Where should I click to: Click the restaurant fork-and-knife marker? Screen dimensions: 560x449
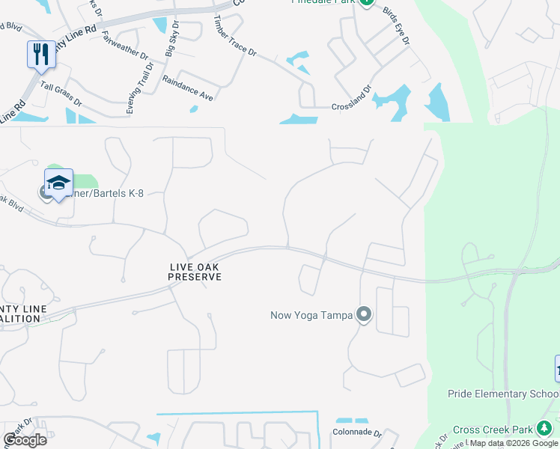41,54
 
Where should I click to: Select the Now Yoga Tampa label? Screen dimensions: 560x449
311,315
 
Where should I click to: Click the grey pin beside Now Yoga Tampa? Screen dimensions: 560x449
364,314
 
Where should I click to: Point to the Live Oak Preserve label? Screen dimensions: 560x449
194,272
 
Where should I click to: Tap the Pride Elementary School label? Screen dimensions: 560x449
503,394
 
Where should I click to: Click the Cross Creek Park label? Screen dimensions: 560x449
492,429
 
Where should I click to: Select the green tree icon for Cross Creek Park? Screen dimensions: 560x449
544,429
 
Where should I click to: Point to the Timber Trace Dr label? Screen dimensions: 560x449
234,37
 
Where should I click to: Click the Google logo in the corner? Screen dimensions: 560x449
25,439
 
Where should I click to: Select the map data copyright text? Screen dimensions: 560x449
514,443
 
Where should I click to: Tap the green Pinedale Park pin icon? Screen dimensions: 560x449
366,2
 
